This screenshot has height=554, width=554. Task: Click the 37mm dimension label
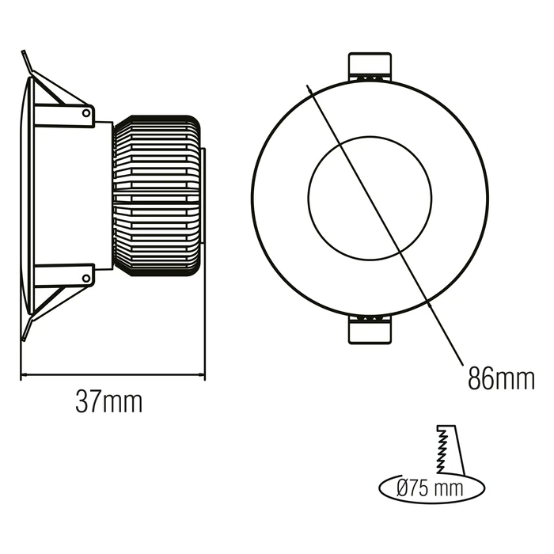point(109,402)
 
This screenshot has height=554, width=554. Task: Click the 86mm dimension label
point(501,378)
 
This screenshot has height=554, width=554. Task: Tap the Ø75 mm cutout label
point(430,489)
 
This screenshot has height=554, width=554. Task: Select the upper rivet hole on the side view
point(85,113)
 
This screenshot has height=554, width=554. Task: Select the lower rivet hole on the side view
point(85,278)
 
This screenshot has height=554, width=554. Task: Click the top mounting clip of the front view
point(370,66)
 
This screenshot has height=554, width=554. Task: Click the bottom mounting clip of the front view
point(370,329)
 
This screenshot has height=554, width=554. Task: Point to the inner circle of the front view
point(370,198)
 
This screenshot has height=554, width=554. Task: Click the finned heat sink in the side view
point(157,195)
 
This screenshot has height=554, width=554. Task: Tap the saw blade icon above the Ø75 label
point(451,450)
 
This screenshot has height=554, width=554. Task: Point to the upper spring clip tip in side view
point(23,51)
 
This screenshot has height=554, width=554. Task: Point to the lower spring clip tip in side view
point(24,340)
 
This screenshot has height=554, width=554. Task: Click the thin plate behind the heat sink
point(203,195)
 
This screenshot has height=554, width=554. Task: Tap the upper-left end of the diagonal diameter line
point(307,85)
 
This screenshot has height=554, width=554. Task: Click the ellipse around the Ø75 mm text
point(432,488)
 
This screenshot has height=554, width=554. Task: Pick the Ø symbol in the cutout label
point(403,489)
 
